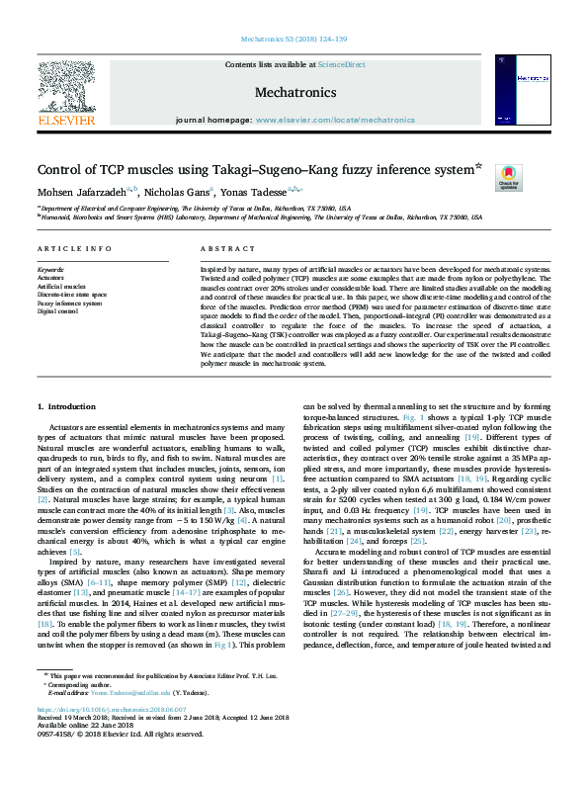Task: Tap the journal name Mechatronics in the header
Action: [294, 91]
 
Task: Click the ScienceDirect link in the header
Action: [343, 65]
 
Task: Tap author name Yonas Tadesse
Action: [284, 192]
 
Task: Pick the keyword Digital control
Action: [57, 310]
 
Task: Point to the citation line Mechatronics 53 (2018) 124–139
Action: [294, 40]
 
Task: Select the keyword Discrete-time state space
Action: [72, 295]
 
